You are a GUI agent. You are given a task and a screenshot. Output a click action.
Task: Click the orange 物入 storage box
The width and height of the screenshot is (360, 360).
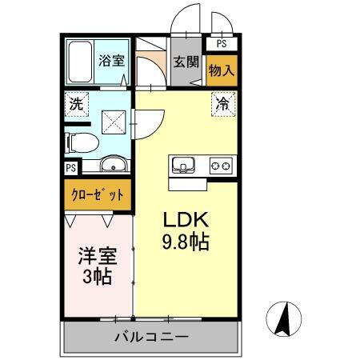click(222, 70)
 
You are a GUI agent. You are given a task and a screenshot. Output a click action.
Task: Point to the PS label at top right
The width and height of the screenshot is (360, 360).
click(222, 45)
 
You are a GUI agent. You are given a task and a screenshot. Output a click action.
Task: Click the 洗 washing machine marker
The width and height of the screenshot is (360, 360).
click(76, 104)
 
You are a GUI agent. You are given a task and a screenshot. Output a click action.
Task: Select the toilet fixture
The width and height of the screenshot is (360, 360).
click(80, 142)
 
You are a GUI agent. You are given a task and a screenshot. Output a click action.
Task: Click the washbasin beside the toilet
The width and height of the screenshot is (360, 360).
click(111, 166)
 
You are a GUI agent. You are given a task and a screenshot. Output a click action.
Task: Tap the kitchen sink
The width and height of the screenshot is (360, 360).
click(183, 166)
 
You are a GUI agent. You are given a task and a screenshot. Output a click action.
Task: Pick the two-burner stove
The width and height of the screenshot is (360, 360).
click(221, 166)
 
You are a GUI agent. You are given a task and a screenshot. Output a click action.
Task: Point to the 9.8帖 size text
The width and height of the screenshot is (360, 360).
click(187, 242)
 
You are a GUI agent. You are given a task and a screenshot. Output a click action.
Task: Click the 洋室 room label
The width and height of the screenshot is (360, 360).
click(97, 258)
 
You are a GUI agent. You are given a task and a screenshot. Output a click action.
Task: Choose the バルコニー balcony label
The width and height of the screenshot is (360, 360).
click(150, 336)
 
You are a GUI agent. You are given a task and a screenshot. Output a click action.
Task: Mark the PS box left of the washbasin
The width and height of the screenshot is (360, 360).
click(71, 167)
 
